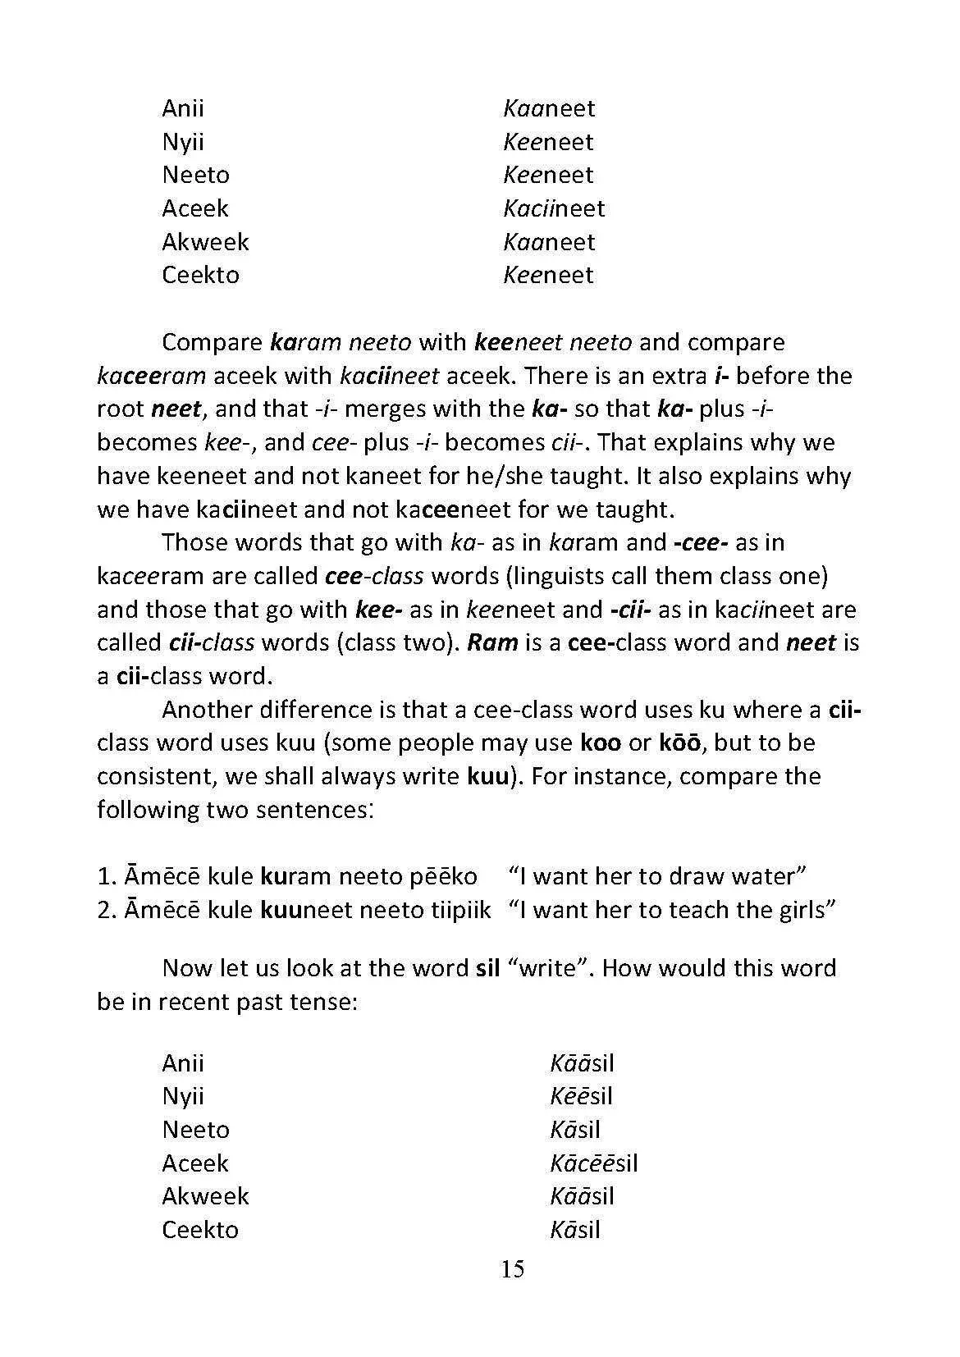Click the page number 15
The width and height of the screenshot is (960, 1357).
pos(512,1269)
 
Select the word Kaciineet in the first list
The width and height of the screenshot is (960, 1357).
pos(554,208)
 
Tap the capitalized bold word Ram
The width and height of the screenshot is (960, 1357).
pos(492,642)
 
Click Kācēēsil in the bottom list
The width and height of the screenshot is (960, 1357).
pos(594,1163)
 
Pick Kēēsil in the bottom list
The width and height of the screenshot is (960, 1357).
pos(581,1096)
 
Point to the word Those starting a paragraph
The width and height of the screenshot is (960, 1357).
pos(198,542)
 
